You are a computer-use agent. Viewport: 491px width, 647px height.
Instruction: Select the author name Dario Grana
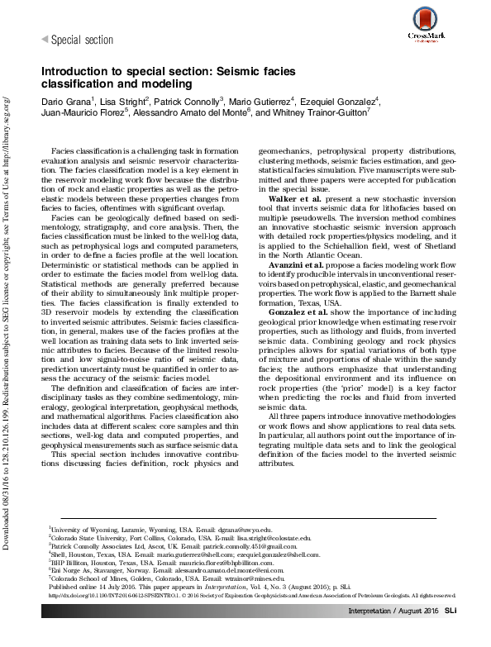(66, 101)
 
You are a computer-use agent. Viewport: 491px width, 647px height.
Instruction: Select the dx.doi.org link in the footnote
(103, 597)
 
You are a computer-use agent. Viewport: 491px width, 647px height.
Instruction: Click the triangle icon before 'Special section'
(45, 40)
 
